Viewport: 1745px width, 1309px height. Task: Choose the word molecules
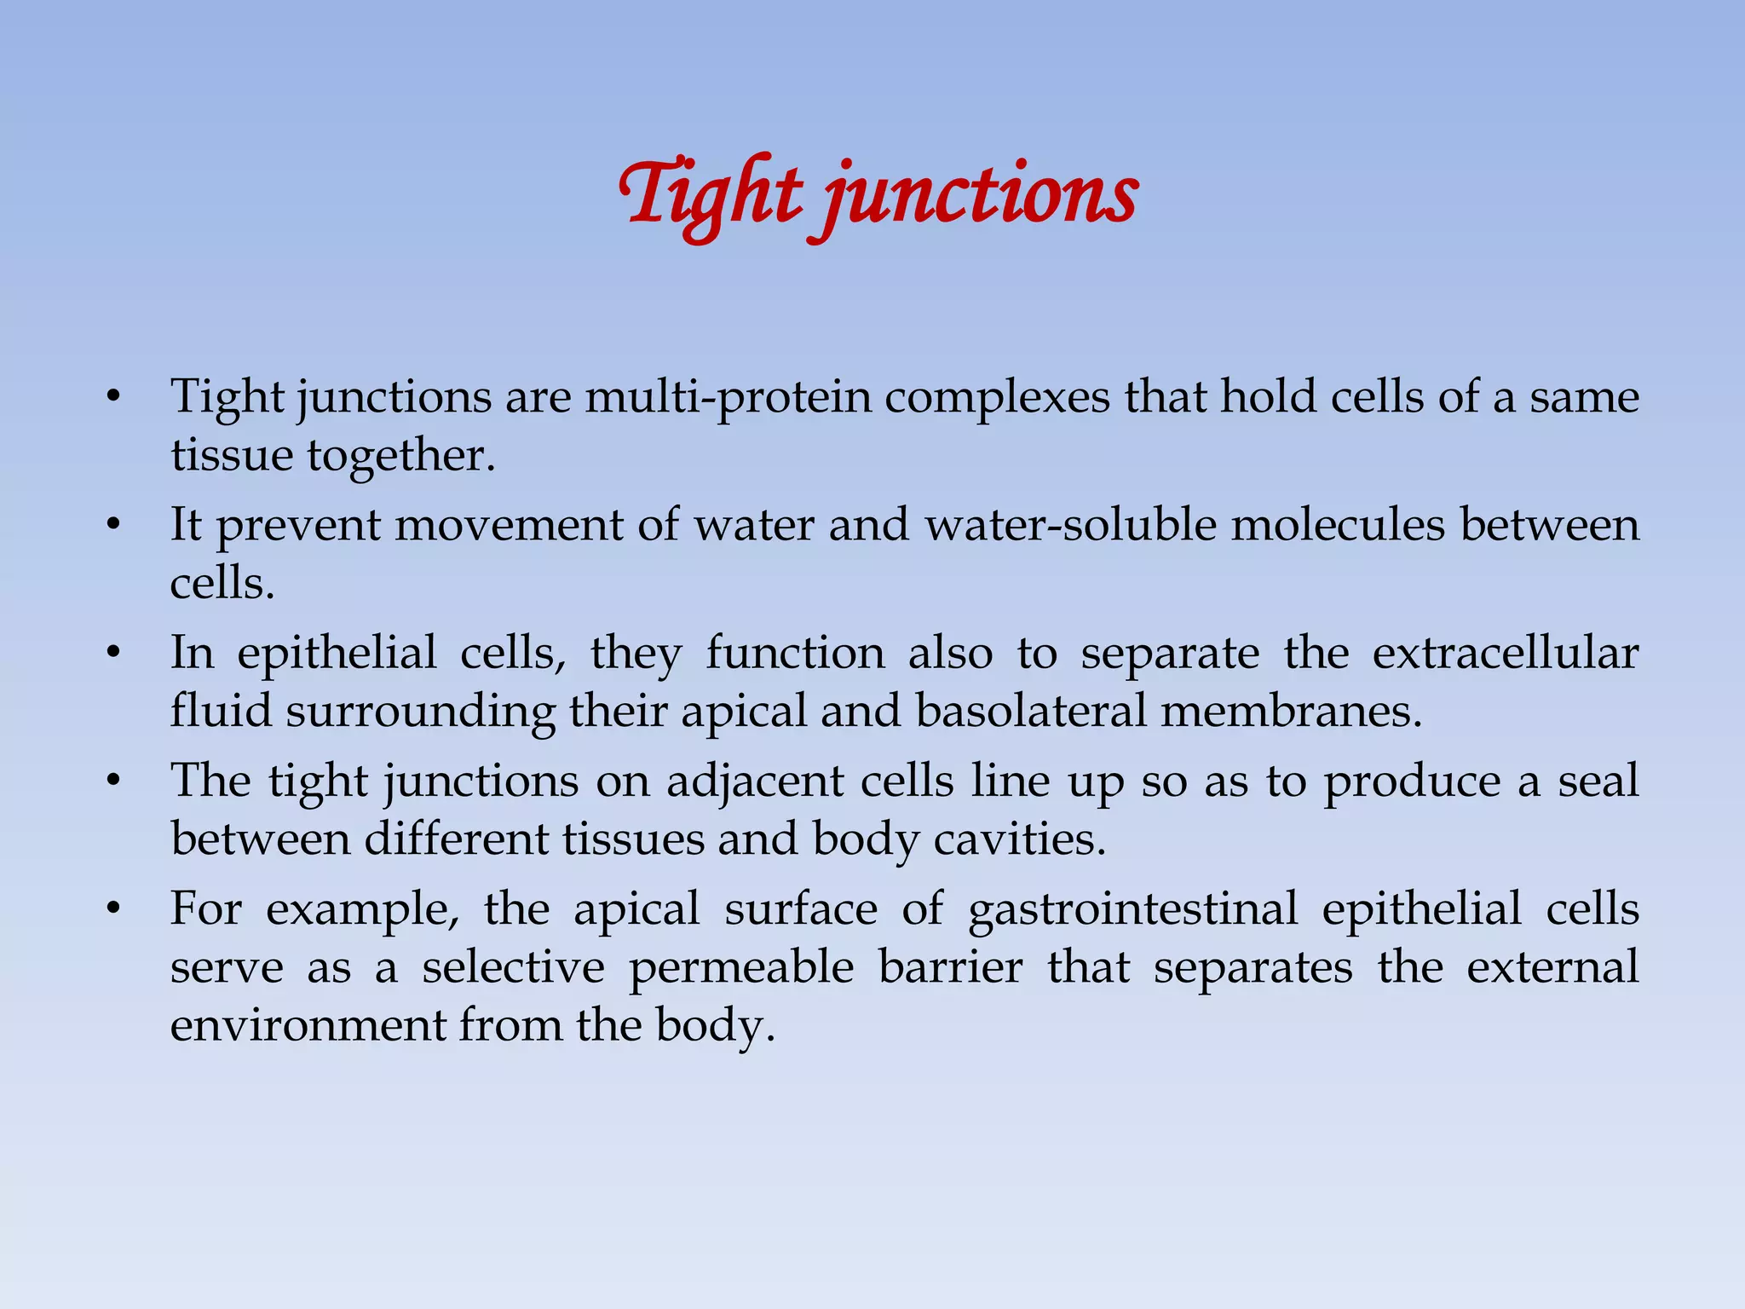(x=1338, y=525)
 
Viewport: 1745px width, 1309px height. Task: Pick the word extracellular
(x=1506, y=654)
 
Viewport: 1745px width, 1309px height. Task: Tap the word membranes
(x=1291, y=711)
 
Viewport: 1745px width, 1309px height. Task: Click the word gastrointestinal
(x=1133, y=909)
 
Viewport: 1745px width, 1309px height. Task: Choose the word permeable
(x=741, y=968)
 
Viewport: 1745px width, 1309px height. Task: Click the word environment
(x=307, y=1025)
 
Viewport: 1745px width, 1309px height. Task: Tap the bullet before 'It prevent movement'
(x=113, y=526)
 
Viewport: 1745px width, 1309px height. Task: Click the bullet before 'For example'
(x=113, y=910)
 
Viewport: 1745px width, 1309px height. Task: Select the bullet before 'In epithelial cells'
(x=113, y=654)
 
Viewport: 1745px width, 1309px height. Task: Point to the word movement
(x=508, y=525)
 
